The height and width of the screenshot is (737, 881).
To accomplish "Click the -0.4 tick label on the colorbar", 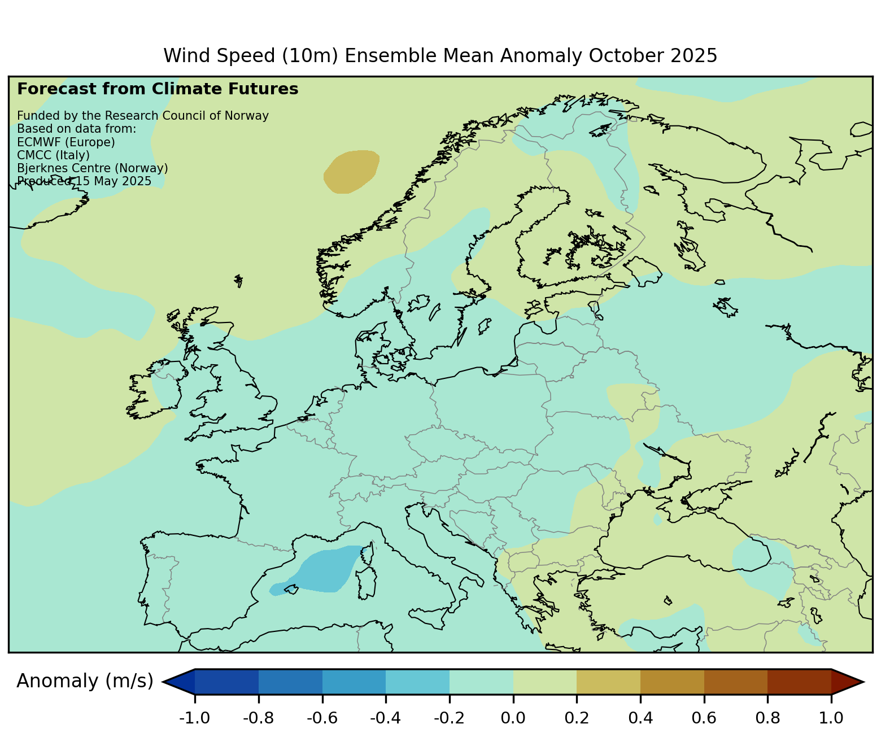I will point(385,718).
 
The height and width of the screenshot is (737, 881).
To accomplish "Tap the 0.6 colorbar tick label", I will point(704,718).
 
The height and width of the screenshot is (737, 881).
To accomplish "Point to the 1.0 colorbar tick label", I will point(831,718).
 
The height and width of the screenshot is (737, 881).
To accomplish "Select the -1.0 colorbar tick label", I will point(194,718).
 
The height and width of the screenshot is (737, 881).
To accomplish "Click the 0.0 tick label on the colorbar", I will point(513,718).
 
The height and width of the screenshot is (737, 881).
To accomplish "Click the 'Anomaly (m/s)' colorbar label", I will point(85,681).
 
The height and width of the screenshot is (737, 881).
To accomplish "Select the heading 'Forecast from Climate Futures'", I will point(158,89).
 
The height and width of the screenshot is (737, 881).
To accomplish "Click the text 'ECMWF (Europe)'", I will point(66,142).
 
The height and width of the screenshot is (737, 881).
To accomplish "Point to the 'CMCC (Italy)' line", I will point(54,155).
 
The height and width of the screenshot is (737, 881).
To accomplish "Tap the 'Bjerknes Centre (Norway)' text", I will point(93,168).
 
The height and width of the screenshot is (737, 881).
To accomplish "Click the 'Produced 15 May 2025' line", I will point(84,181).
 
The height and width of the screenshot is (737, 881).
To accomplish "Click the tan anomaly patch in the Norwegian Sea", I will point(351,171).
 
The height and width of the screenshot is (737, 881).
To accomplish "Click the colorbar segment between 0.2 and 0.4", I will point(608,681).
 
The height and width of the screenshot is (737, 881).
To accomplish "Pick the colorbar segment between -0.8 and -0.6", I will point(290,681).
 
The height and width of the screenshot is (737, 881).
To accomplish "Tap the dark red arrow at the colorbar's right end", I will point(846,681).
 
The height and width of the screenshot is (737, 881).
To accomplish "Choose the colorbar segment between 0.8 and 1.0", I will point(799,681).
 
